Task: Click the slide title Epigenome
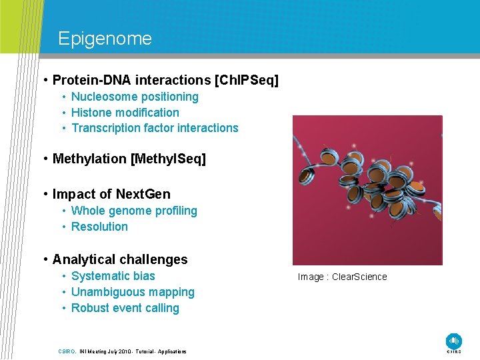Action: coord(105,39)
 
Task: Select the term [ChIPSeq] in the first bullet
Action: coord(247,81)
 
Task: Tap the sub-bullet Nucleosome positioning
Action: coord(135,97)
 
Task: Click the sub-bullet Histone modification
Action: coord(125,113)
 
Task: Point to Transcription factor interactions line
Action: coord(154,128)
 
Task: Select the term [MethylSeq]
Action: coord(169,159)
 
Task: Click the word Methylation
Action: coord(89,159)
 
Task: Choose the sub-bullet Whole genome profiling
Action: coord(134,211)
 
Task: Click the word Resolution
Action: coord(99,227)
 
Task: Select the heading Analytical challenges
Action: coord(120,259)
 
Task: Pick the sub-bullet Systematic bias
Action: coord(113,276)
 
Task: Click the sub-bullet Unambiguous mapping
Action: coord(133,292)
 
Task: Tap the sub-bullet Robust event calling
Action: coord(125,308)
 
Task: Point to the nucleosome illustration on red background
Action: coord(367,190)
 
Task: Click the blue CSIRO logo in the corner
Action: coord(454,341)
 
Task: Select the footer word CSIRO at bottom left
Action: coord(67,351)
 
